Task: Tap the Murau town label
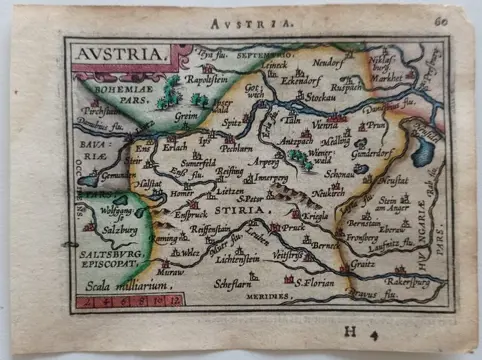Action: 172,270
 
